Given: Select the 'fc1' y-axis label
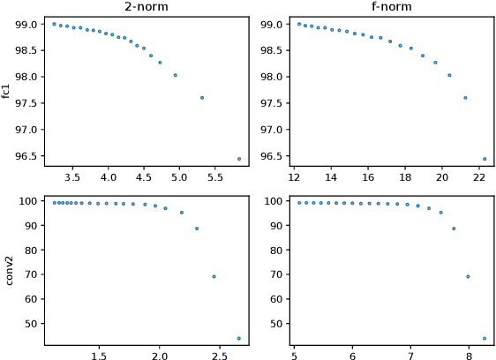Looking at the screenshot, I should click(x=7, y=91).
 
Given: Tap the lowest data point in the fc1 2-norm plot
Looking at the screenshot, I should click(x=239, y=159).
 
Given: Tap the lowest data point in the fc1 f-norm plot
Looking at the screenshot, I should click(x=484, y=159).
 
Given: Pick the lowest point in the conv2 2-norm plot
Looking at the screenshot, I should click(x=239, y=338).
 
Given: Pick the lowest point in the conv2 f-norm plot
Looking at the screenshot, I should click(x=484, y=338).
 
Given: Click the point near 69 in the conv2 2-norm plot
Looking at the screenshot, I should click(x=214, y=276).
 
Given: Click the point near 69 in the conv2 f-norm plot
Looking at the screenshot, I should click(x=468, y=276).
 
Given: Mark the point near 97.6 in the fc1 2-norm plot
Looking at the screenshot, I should click(x=202, y=98).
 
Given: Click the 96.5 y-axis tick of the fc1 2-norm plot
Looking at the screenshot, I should click(x=28, y=156).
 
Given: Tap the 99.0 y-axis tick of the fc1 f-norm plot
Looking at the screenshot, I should click(x=273, y=25).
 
